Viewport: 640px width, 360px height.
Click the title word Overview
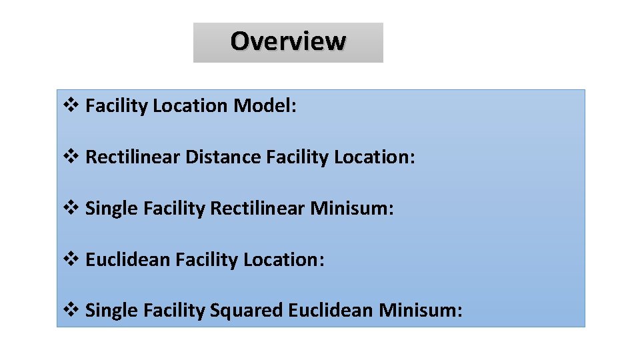(288, 41)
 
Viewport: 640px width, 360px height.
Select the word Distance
(223, 157)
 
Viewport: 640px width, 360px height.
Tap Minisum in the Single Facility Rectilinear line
(352, 209)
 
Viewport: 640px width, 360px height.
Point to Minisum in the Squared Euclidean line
(420, 311)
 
